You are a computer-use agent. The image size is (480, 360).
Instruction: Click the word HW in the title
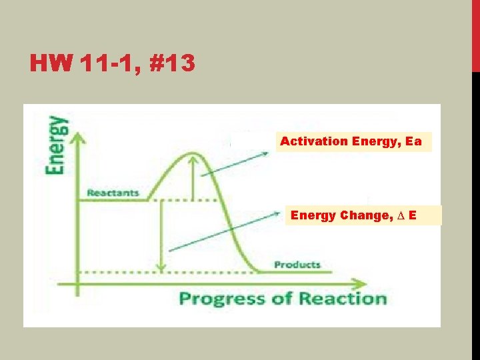point(50,64)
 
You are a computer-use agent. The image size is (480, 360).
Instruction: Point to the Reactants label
point(113,193)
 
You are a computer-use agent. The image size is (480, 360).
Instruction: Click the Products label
point(297,265)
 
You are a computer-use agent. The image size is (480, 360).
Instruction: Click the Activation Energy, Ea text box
point(354,141)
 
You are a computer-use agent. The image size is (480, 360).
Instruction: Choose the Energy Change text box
point(363,215)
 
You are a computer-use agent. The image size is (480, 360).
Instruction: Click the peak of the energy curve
point(193,155)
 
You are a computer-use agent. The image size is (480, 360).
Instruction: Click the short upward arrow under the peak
point(194,177)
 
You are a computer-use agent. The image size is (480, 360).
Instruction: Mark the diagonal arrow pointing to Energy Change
point(223,232)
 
